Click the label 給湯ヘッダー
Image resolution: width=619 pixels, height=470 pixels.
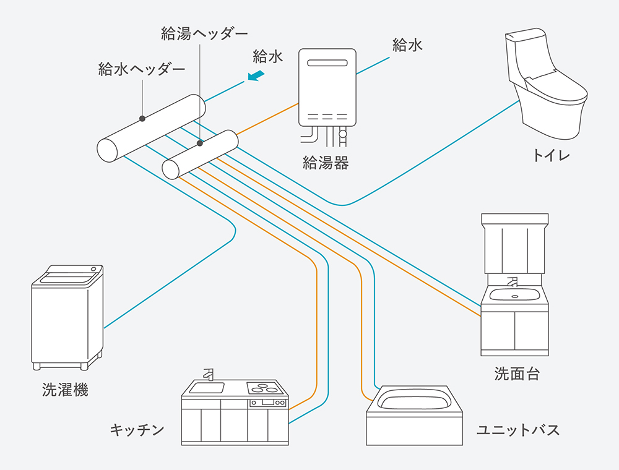pyautogui.click(x=204, y=33)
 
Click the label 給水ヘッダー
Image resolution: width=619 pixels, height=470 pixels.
pyautogui.click(x=142, y=69)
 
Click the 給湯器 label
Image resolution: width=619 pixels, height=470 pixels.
pyautogui.click(x=326, y=163)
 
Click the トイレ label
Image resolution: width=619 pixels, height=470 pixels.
pyautogui.click(x=551, y=155)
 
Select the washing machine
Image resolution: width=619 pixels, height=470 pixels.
pyautogui.click(x=67, y=317)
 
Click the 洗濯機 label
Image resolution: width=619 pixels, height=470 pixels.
pyautogui.click(x=65, y=390)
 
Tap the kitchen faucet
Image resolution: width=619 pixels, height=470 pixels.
pyautogui.click(x=208, y=375)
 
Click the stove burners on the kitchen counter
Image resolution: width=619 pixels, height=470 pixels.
pyautogui.click(x=264, y=388)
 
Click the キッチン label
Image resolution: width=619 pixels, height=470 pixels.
pyautogui.click(x=137, y=429)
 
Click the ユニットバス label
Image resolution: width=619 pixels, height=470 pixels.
pyautogui.click(x=518, y=430)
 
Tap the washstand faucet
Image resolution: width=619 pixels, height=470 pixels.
pyautogui.click(x=512, y=283)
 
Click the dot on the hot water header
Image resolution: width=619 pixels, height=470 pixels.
pyautogui.click(x=200, y=143)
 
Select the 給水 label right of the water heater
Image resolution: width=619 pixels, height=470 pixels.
pyautogui.click(x=407, y=45)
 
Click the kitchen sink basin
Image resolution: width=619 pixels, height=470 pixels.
pyautogui.click(x=206, y=388)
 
